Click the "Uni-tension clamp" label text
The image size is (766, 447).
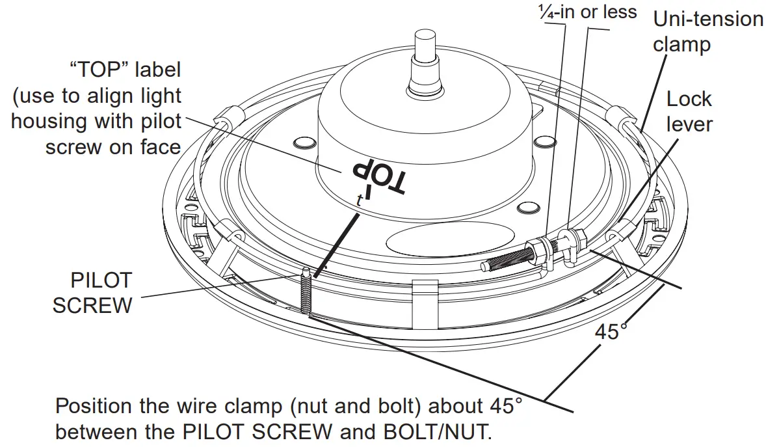[x=707, y=31]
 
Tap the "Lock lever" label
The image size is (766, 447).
[x=689, y=111]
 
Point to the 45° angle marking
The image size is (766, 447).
[x=612, y=331]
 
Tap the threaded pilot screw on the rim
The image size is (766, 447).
[x=304, y=293]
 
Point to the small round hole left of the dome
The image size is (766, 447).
[x=304, y=142]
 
